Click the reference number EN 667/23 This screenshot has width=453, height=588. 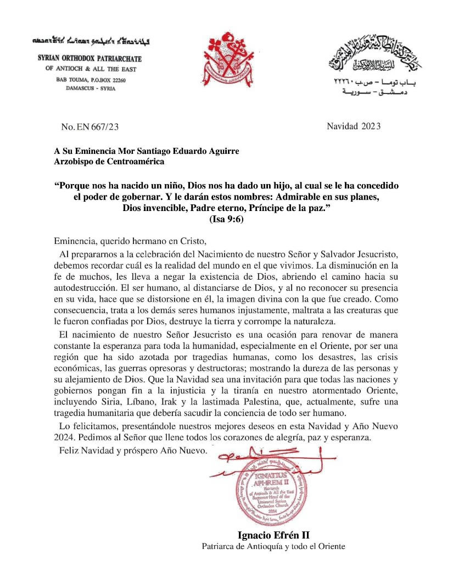90,127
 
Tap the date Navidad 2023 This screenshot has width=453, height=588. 354,126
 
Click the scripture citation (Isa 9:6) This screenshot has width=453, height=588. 227,219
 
